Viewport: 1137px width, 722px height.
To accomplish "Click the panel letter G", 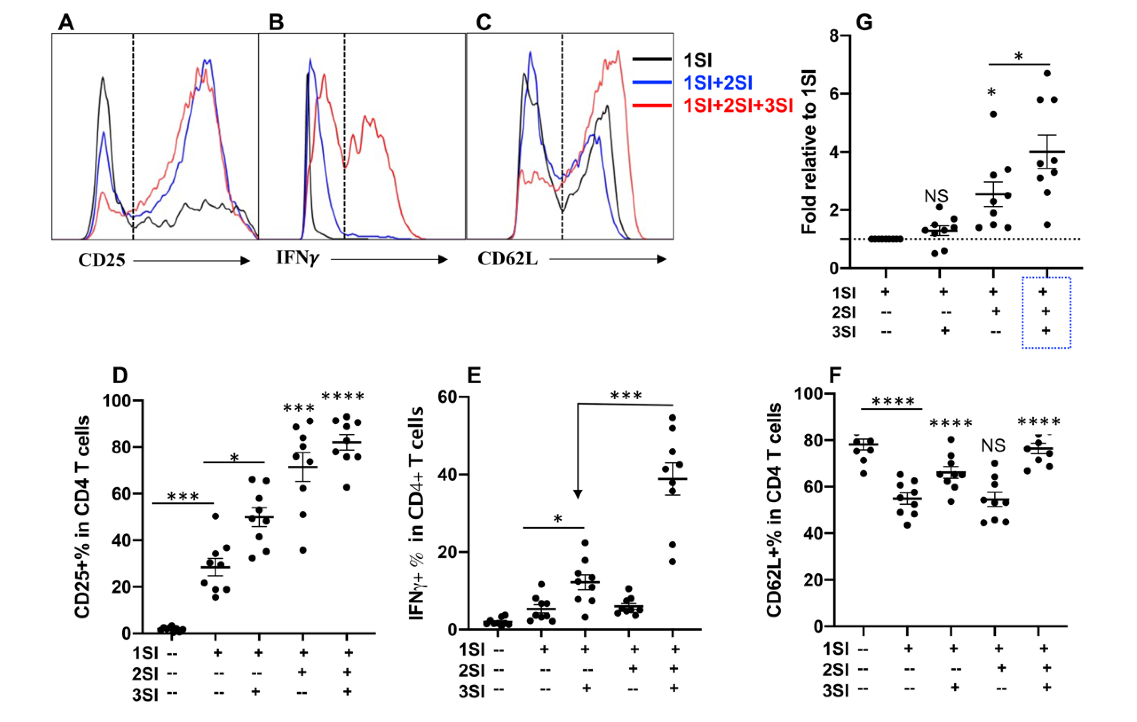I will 864,22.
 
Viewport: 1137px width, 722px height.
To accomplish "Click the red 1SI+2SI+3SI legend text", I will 738,105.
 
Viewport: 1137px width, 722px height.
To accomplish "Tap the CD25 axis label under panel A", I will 102,260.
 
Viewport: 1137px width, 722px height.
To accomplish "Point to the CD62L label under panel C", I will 507,259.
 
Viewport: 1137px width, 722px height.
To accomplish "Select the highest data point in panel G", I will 1047,73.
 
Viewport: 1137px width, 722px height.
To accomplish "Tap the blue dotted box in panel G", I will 1046,313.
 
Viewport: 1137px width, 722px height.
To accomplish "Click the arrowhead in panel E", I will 577,494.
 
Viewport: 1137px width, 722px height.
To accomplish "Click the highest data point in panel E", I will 673,417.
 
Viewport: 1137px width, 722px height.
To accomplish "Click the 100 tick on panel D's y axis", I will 117,401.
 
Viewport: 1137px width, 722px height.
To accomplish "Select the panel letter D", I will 120,375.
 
